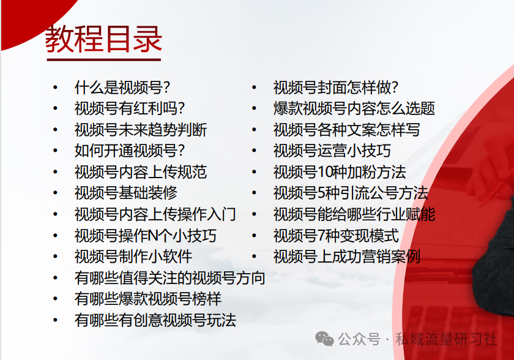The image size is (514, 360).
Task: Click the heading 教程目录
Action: (103, 39)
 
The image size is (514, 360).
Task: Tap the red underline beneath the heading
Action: (104, 59)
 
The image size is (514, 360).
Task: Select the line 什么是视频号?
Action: (122, 88)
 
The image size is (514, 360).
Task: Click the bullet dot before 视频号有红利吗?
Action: (56, 108)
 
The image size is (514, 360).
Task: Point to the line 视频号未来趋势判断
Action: (141, 130)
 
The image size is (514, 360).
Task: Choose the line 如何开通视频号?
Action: (130, 151)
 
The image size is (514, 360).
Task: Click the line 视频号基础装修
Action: (126, 193)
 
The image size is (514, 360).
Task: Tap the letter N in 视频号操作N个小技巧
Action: (154, 236)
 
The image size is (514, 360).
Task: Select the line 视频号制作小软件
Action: (133, 257)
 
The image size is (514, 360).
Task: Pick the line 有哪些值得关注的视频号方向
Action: (170, 278)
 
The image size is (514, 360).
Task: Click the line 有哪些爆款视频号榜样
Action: (148, 299)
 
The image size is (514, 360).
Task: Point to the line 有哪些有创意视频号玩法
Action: (155, 320)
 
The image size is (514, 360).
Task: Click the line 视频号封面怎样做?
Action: (336, 88)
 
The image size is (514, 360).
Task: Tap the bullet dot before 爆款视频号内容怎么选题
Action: (254, 108)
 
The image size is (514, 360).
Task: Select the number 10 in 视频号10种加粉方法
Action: (324, 173)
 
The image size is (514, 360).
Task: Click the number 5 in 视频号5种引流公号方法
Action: (321, 193)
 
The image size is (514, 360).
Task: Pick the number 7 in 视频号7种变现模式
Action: (321, 236)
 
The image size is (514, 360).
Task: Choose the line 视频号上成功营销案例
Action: (347, 257)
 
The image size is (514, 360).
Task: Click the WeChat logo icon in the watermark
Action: (324, 339)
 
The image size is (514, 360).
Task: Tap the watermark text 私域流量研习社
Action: (446, 339)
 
